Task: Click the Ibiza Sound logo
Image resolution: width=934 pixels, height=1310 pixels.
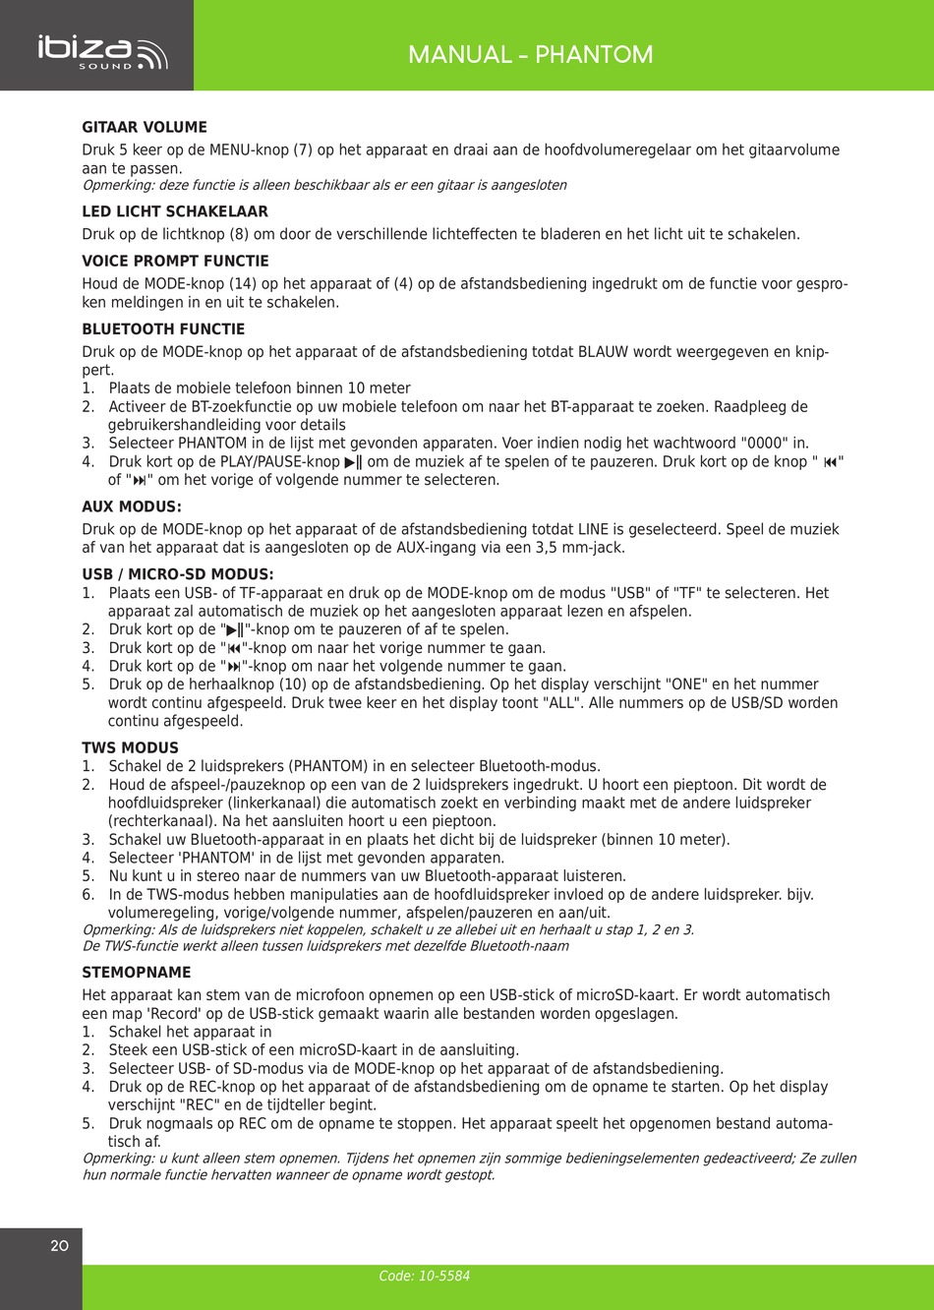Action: tap(102, 52)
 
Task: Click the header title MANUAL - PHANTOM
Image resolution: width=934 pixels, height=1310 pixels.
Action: tap(530, 54)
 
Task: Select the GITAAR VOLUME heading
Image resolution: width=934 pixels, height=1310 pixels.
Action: tap(145, 127)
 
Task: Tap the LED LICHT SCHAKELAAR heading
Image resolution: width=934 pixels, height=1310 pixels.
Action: tap(175, 211)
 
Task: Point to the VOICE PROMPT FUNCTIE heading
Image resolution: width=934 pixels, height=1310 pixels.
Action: tap(175, 261)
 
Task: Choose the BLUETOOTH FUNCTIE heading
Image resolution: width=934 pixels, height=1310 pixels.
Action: tap(163, 329)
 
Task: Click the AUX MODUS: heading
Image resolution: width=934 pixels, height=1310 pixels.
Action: tap(132, 507)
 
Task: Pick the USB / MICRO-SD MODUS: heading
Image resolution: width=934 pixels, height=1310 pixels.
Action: tap(178, 574)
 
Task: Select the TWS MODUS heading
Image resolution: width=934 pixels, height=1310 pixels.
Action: tap(131, 747)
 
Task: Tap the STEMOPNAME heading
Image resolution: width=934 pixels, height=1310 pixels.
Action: tap(137, 973)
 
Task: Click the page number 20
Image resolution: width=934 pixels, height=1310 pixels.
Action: tap(59, 1246)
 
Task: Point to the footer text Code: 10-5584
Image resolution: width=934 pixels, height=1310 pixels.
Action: tap(425, 1276)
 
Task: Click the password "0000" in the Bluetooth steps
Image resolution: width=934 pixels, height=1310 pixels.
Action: tap(764, 444)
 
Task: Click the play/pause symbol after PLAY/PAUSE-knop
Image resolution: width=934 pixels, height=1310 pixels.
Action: tap(353, 462)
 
